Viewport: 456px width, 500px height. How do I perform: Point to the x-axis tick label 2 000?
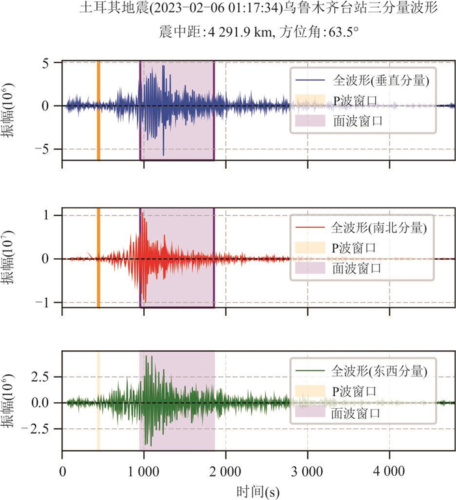(x=225, y=470)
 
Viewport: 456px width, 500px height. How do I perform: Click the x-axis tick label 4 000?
(x=390, y=470)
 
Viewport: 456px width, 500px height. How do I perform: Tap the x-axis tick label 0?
(x=62, y=470)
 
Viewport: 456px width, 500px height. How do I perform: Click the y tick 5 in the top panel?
(x=46, y=62)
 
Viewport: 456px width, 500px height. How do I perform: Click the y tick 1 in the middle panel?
(x=46, y=215)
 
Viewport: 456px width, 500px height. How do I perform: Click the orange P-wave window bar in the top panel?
(x=98, y=111)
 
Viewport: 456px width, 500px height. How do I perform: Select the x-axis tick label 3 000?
(x=307, y=470)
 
